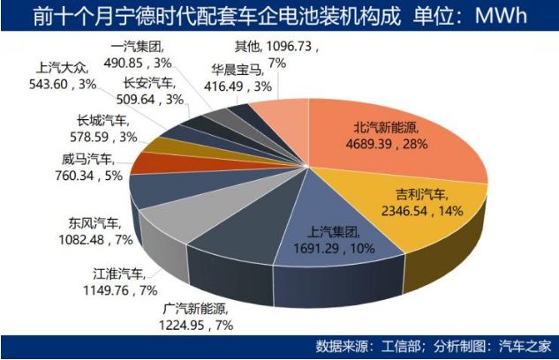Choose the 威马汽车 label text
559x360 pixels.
82,159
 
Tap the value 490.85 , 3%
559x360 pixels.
139,62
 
